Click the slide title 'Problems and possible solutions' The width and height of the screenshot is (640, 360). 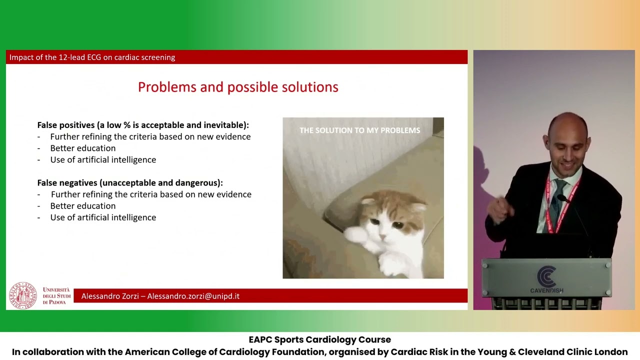(x=238, y=87)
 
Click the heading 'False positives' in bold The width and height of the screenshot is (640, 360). (x=66, y=125)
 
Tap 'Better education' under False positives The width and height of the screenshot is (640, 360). (x=83, y=148)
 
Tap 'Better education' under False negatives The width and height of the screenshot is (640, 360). (x=83, y=206)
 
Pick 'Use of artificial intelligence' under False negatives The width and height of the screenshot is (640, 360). (x=103, y=217)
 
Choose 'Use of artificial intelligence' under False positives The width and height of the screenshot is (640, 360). (x=103, y=159)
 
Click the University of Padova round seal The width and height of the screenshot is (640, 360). (x=23, y=295)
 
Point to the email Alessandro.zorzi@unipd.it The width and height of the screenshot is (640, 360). (x=193, y=296)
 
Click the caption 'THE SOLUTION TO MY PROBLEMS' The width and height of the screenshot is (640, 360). (x=359, y=130)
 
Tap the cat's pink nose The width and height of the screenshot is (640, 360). (x=383, y=236)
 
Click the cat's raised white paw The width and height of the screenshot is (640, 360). (x=355, y=235)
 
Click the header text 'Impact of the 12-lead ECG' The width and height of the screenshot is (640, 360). (x=55, y=57)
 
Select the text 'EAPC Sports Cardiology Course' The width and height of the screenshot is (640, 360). (x=319, y=339)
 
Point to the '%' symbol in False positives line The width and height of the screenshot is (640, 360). (x=127, y=125)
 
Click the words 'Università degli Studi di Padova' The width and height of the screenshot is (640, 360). (x=56, y=296)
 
